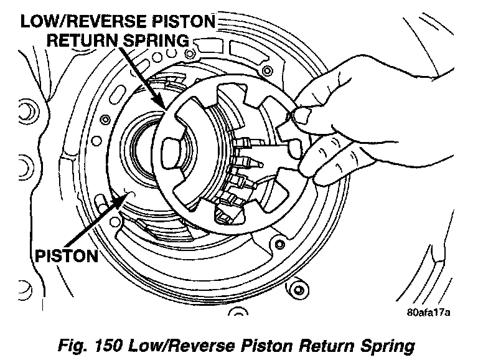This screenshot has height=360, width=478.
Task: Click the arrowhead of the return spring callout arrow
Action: click(x=162, y=107)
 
